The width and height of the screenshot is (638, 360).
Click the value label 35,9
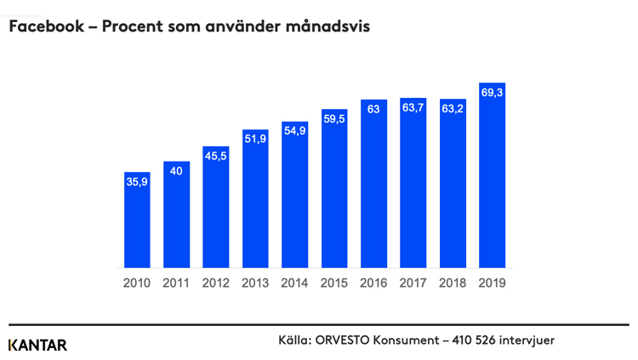[137, 181]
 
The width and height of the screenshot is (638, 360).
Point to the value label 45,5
[216, 156]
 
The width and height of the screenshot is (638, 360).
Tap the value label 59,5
[334, 119]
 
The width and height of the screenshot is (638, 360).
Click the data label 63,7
[413, 107]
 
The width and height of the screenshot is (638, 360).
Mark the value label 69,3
[493, 92]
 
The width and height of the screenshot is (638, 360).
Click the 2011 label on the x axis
[176, 283]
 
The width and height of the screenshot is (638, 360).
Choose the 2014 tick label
[294, 283]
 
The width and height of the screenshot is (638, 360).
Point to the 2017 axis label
[413, 283]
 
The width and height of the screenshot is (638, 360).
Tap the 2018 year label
[453, 283]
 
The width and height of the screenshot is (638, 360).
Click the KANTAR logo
[37, 345]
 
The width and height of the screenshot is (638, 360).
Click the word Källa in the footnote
[294, 340]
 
